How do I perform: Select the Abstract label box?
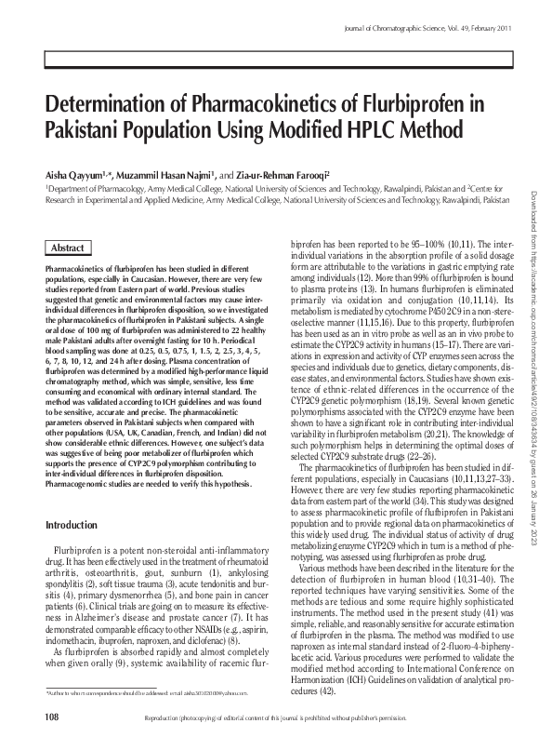[66, 248]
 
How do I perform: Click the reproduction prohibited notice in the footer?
[297, 718]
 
